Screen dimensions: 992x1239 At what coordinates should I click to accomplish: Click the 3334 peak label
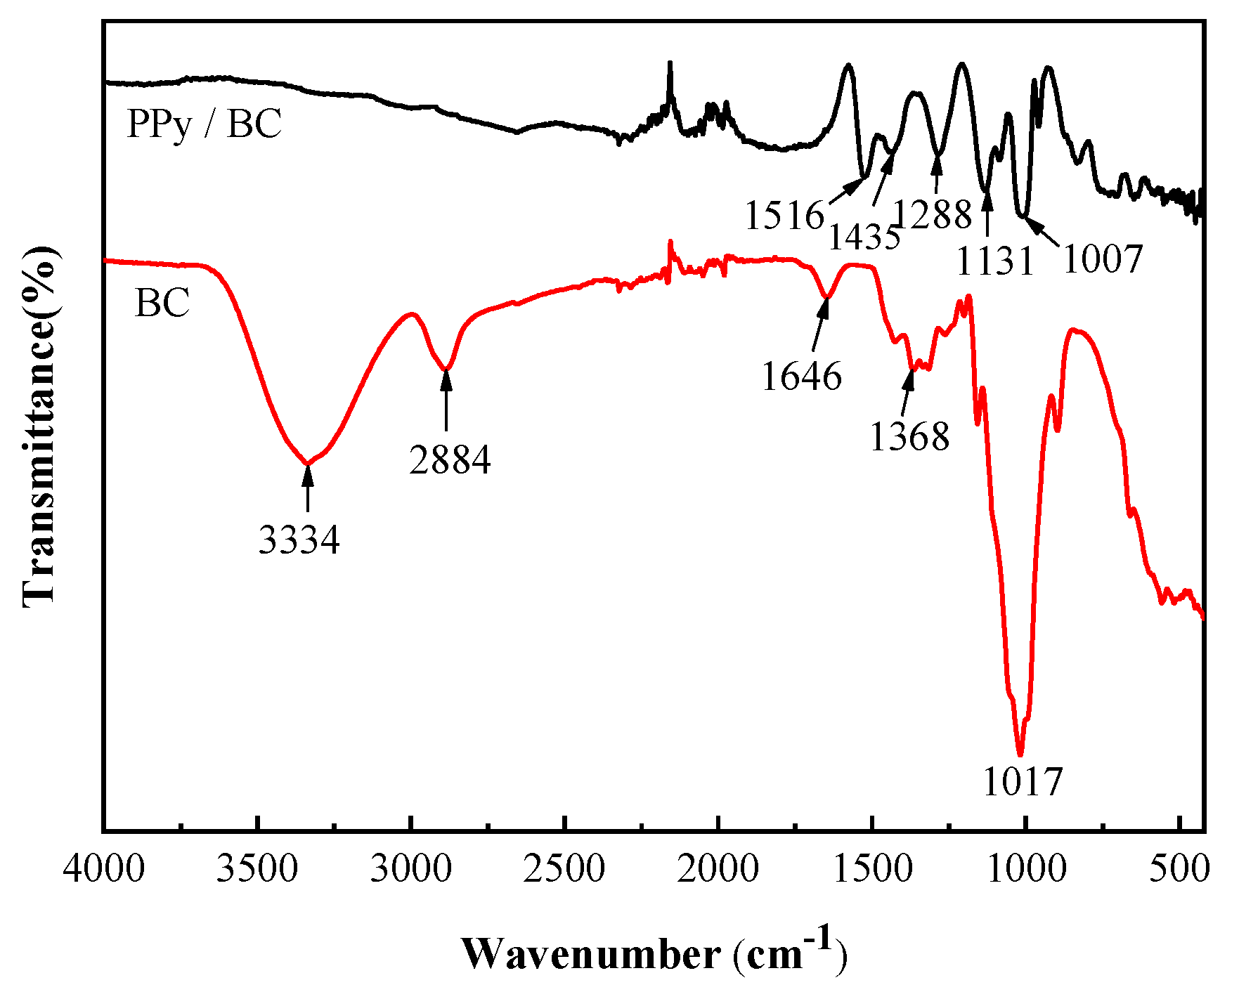pyautogui.click(x=299, y=540)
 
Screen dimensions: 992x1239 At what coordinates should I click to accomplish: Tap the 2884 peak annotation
pyautogui.click(x=450, y=460)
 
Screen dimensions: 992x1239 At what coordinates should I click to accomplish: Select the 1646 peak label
pyautogui.click(x=801, y=377)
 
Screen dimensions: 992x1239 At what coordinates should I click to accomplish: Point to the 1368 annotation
pyautogui.click(x=909, y=436)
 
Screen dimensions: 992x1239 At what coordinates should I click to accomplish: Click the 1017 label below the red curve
pyautogui.click(x=1023, y=782)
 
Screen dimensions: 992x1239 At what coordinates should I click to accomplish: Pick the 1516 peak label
pyautogui.click(x=784, y=215)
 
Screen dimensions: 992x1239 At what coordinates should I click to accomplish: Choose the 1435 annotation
pyautogui.click(x=864, y=237)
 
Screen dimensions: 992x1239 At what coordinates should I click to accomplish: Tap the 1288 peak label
pyautogui.click(x=933, y=214)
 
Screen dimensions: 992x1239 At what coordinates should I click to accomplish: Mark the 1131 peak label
pyautogui.click(x=995, y=261)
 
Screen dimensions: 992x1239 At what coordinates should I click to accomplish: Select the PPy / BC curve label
pyautogui.click(x=204, y=124)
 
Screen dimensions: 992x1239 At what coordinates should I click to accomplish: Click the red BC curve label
pyautogui.click(x=162, y=304)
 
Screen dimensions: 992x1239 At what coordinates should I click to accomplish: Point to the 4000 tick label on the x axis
pyautogui.click(x=104, y=870)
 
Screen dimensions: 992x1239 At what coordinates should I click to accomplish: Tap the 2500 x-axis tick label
pyautogui.click(x=564, y=870)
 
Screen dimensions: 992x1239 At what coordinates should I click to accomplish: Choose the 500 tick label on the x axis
pyautogui.click(x=1180, y=870)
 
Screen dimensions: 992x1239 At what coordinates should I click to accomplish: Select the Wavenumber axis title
pyautogui.click(x=654, y=954)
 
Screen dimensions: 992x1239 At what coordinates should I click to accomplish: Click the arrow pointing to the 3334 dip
pyautogui.click(x=307, y=488)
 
